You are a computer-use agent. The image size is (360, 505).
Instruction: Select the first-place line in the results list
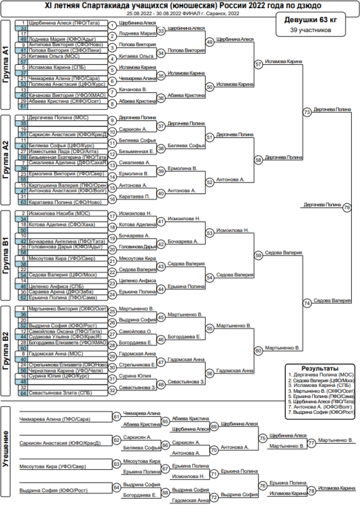click(320, 374)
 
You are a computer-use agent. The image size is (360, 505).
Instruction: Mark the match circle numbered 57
click(259, 64)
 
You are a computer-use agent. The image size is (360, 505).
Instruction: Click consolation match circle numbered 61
click(116, 417)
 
